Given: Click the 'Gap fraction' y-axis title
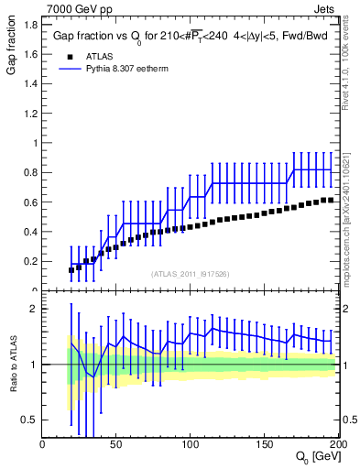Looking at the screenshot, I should click(11, 52).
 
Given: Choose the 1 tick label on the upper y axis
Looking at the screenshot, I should click(35, 143).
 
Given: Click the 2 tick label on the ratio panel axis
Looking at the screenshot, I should click(35, 309).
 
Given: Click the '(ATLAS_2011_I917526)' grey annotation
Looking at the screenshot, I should click(188, 274).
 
